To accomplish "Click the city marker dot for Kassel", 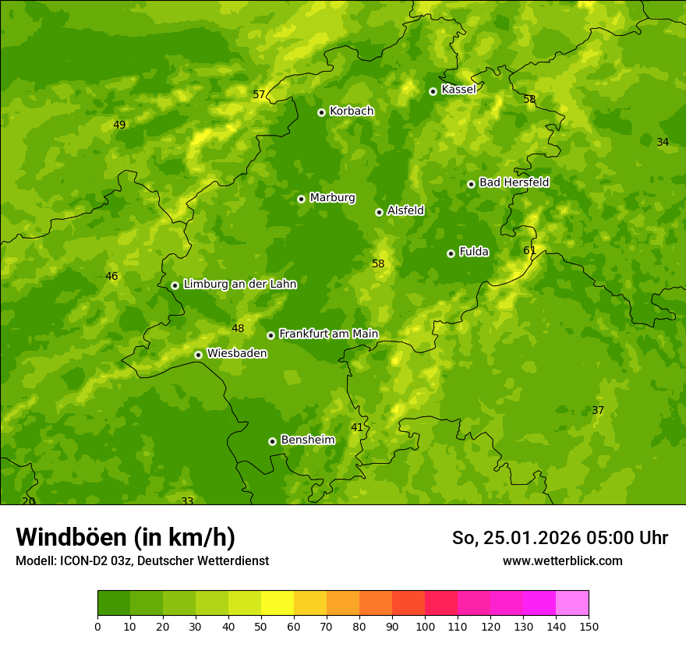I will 433,91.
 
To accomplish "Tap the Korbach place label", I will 352,111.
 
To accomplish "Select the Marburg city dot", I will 301,199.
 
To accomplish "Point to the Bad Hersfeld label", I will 514,182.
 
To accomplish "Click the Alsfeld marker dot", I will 379,212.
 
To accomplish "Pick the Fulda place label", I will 474,252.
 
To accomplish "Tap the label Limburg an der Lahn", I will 239,285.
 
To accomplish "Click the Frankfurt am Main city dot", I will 271,335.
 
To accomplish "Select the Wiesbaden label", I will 237,354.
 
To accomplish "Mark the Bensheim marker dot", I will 272,441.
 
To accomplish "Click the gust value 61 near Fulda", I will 529,250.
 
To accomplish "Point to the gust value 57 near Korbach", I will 259,95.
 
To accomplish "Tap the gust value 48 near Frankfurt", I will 238,329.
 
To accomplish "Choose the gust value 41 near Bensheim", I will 357,428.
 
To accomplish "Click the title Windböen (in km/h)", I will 126,537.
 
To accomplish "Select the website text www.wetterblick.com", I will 562,561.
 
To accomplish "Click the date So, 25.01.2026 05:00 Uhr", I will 560,538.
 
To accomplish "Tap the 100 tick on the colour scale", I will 425,626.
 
